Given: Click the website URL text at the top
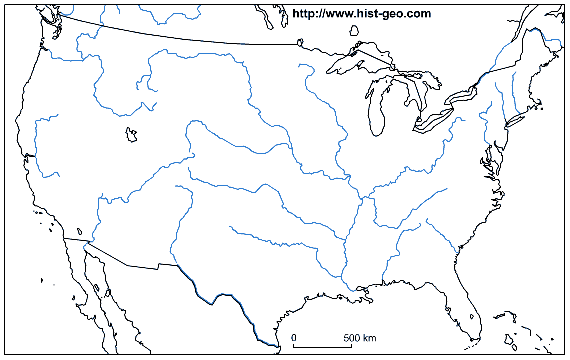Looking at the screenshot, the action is (361, 14).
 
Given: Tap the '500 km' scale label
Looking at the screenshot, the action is (360, 338).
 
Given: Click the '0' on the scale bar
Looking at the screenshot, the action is (294, 338).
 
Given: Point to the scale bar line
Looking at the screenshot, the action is (322, 346).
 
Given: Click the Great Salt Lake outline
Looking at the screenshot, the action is (131, 135).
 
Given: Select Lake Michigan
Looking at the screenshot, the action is (376, 112).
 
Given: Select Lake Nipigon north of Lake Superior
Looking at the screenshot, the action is (354, 31).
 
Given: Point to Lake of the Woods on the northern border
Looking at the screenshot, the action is (300, 43).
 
